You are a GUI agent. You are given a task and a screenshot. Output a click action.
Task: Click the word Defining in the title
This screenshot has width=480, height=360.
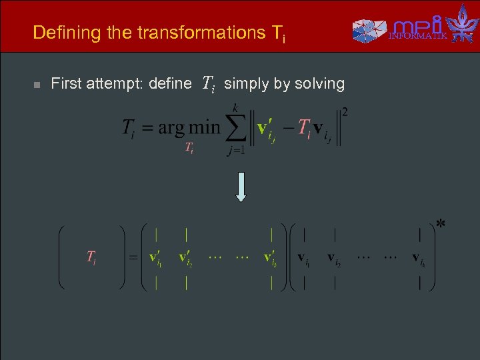58,32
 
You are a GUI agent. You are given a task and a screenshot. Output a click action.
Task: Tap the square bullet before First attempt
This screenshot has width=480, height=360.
37,85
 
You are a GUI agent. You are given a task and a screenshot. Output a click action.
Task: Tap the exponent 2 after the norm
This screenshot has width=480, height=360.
345,111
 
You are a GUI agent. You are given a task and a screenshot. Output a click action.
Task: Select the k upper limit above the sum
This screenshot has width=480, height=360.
235,106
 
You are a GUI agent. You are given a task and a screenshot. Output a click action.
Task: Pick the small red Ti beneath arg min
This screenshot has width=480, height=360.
189,147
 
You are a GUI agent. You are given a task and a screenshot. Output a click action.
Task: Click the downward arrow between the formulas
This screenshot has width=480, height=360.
241,187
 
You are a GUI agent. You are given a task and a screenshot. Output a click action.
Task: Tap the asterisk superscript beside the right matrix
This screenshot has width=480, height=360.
441,224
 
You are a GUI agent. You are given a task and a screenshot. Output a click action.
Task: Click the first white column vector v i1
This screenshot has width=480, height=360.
303,257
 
